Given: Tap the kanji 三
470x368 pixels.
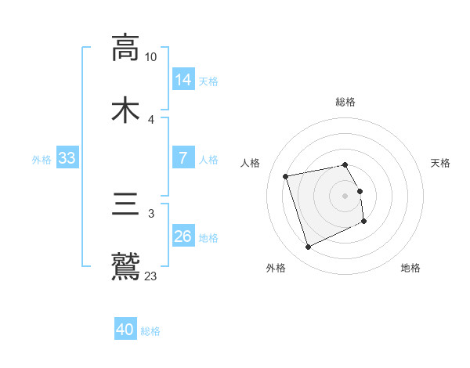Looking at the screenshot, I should (125, 204).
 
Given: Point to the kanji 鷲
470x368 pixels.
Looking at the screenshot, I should (125, 266).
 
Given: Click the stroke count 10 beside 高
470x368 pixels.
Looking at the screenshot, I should (151, 57).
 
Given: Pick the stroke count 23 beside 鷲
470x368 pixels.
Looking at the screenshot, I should (151, 276).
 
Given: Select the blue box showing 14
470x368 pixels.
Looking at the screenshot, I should (183, 80).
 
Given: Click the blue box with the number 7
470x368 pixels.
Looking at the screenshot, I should (183, 158).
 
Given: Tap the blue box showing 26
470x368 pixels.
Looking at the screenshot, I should (183, 236).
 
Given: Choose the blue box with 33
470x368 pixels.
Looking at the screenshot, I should (67, 158).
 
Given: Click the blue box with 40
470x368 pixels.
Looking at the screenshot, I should (125, 330).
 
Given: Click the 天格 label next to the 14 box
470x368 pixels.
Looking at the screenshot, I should (208, 81).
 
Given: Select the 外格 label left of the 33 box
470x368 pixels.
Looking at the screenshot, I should (42, 159).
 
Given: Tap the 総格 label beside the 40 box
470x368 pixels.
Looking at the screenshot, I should (150, 331).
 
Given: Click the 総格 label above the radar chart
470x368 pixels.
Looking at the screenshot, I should (345, 102).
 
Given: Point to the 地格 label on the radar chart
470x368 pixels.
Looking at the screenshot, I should (410, 268).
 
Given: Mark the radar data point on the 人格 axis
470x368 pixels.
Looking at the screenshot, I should (286, 175).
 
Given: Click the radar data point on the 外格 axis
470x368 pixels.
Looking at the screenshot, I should (308, 247).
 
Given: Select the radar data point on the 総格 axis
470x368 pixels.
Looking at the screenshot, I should (345, 164).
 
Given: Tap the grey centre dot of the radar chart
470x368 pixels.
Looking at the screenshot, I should (345, 196).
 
